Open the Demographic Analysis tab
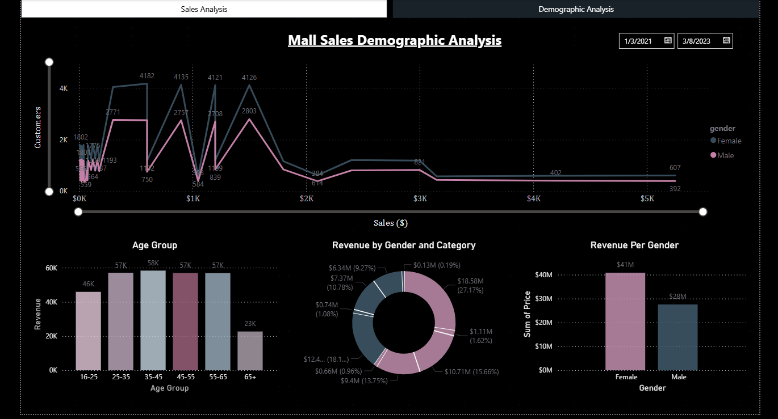pyautogui.click(x=576, y=9)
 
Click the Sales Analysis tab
pyautogui.click(x=204, y=9)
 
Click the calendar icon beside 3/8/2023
pyautogui.click(x=726, y=40)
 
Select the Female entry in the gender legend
pyautogui.click(x=729, y=141)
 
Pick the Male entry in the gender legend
pyautogui.click(x=725, y=155)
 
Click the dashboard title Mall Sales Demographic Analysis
pyautogui.click(x=395, y=40)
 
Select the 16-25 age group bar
pyautogui.click(x=88, y=331)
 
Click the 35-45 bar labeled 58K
pyautogui.click(x=153, y=320)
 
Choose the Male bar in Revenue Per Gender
pyautogui.click(x=677, y=337)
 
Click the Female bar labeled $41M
pyautogui.click(x=625, y=321)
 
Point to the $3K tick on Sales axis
pyautogui.click(x=420, y=199)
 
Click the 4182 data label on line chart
pyautogui.click(x=147, y=76)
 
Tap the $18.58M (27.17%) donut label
pyautogui.click(x=471, y=286)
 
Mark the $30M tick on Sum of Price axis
pyautogui.click(x=544, y=298)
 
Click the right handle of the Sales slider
pyautogui.click(x=703, y=212)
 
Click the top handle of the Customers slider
pyautogui.click(x=49, y=62)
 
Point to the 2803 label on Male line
pyautogui.click(x=249, y=111)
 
